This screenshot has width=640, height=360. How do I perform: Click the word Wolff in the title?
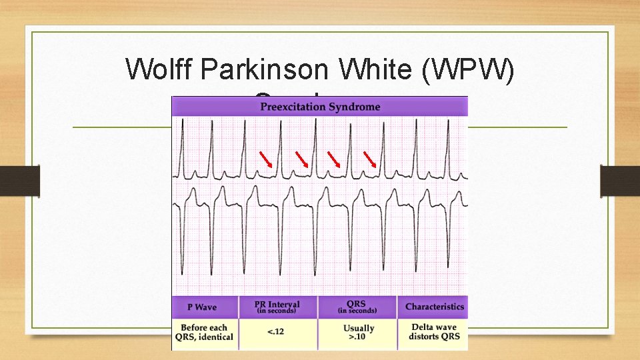(x=157, y=69)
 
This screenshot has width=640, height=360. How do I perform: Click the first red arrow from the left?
(x=267, y=159)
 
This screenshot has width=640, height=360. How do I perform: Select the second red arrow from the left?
(x=303, y=159)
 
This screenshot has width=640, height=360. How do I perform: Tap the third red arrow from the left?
(x=335, y=159)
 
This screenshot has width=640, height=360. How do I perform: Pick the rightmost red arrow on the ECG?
(x=370, y=159)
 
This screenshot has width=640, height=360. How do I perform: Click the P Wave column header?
(x=202, y=307)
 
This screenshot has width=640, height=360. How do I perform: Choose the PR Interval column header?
(x=277, y=307)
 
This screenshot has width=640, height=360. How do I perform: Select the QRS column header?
(x=357, y=307)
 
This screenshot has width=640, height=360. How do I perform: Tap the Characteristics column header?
(x=435, y=307)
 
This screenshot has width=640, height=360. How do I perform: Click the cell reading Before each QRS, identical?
(x=204, y=332)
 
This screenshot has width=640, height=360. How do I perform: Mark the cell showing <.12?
(x=277, y=332)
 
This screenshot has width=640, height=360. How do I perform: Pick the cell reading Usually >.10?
(x=358, y=332)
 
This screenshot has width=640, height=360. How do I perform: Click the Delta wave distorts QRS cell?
(x=434, y=332)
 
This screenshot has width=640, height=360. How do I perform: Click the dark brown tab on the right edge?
(x=620, y=181)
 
